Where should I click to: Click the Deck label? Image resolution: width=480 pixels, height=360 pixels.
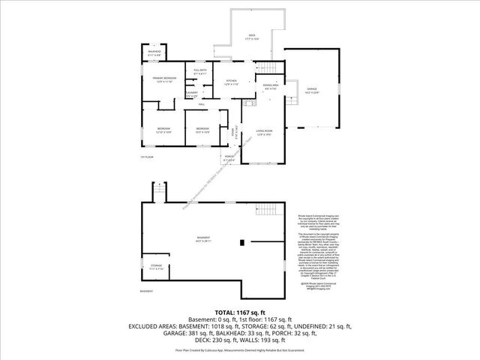coord(252,36)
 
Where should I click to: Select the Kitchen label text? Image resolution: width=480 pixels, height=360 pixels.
coord(232,82)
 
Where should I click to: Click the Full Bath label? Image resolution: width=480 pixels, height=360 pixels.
coord(201,72)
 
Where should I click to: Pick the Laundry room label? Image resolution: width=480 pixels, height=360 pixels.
coord(191,94)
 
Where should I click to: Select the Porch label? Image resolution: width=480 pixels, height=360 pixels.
coord(229,158)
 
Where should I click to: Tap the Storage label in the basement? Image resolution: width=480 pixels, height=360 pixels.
coord(155,265)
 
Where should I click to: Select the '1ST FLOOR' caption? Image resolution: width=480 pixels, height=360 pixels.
coord(148,157)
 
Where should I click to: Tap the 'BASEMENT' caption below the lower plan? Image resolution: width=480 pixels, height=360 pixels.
coord(147,290)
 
